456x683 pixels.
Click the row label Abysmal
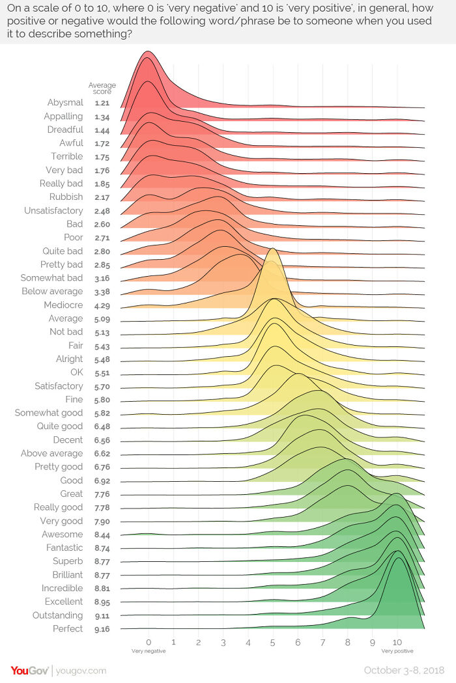[65, 102]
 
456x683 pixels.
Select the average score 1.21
[101, 103]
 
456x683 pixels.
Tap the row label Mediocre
[63, 305]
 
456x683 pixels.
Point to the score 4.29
[101, 305]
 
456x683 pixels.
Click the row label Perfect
[68, 628]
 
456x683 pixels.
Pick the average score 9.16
[101, 629]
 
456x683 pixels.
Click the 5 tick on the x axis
[273, 641]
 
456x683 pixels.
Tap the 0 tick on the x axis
[149, 641]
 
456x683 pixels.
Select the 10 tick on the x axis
[397, 641]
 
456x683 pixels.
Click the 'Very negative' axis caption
[149, 650]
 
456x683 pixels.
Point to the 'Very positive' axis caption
[397, 650]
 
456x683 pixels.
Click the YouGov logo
[29, 670]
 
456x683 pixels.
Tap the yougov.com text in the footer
[81, 671]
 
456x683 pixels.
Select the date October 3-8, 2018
[405, 670]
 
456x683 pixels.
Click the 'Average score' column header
[102, 89]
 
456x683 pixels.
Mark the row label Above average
[51, 453]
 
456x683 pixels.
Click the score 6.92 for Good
[101, 481]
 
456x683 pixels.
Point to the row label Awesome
[62, 534]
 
